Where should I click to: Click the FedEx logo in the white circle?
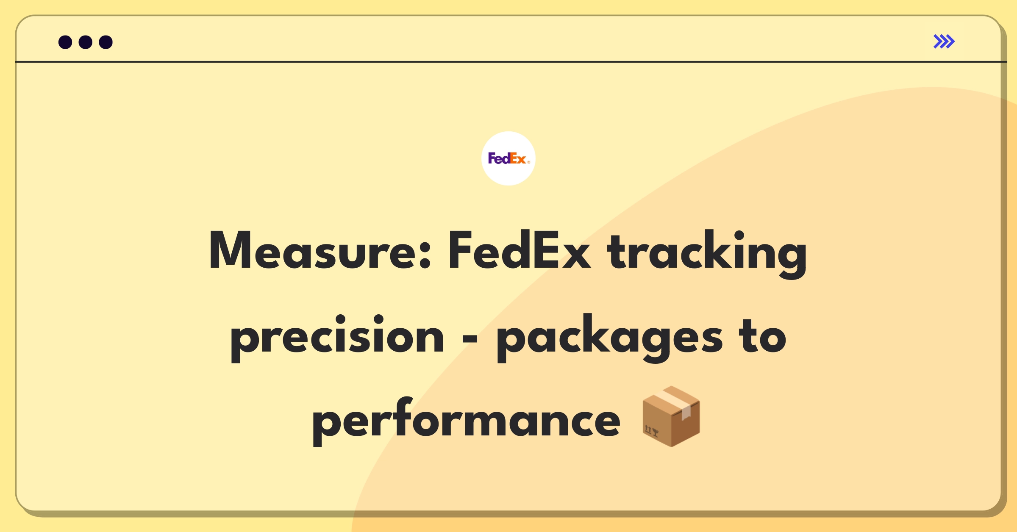(x=508, y=158)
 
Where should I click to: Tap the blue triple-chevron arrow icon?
(x=944, y=42)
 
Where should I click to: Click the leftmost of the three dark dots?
(x=65, y=42)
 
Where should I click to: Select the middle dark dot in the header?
(x=86, y=42)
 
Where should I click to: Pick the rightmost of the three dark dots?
(x=106, y=42)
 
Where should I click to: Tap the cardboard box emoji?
(x=671, y=416)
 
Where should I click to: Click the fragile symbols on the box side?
(x=651, y=431)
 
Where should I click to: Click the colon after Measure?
(x=425, y=255)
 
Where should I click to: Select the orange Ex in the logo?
(x=518, y=158)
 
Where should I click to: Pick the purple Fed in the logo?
(x=499, y=158)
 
